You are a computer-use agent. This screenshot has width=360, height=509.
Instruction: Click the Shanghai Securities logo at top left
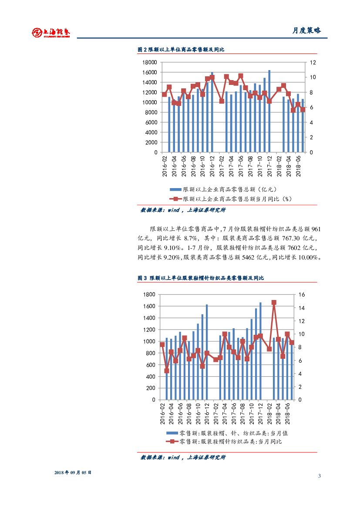(x=51, y=32)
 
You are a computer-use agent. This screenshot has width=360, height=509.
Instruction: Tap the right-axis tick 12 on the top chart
(x=312, y=63)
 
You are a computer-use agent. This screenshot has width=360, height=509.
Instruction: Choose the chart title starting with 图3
(x=201, y=278)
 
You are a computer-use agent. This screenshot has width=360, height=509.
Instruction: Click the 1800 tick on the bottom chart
(x=149, y=295)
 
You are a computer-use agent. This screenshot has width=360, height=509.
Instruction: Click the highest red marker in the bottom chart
(x=274, y=302)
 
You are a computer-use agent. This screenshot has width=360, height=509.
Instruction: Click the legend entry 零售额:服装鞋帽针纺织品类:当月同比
(x=230, y=442)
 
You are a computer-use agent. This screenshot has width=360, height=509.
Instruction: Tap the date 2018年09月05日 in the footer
(x=73, y=472)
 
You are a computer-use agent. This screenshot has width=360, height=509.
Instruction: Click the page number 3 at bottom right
(x=319, y=476)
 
